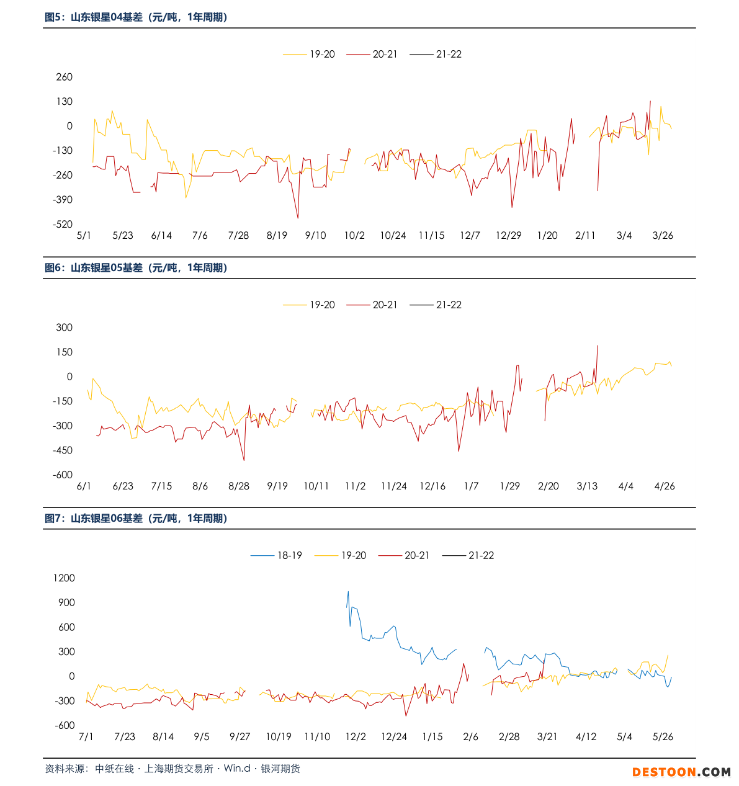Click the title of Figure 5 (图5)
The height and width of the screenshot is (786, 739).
coord(136,17)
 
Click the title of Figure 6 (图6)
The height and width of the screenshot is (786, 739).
coord(136,268)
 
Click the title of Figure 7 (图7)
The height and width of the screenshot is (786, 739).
coord(136,519)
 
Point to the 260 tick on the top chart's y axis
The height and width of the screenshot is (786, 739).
coord(65,77)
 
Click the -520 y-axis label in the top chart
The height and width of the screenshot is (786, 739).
coord(63,224)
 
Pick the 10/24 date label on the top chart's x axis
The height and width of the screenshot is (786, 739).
coord(393,236)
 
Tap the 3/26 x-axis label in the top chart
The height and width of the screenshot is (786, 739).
coord(663,236)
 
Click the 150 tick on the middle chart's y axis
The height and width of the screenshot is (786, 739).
coord(65,352)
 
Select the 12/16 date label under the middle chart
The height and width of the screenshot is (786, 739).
coord(432,486)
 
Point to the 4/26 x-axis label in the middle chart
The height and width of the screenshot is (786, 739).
coord(665,486)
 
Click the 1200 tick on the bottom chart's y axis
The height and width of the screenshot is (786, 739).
coord(64,578)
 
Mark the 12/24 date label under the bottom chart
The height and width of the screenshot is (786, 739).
coord(394,737)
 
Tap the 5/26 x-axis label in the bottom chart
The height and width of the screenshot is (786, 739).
coord(663,737)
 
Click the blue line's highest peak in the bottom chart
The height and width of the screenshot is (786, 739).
coord(348,592)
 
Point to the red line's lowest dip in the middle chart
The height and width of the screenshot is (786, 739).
coord(244,460)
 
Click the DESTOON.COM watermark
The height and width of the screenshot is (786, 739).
coord(681,772)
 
